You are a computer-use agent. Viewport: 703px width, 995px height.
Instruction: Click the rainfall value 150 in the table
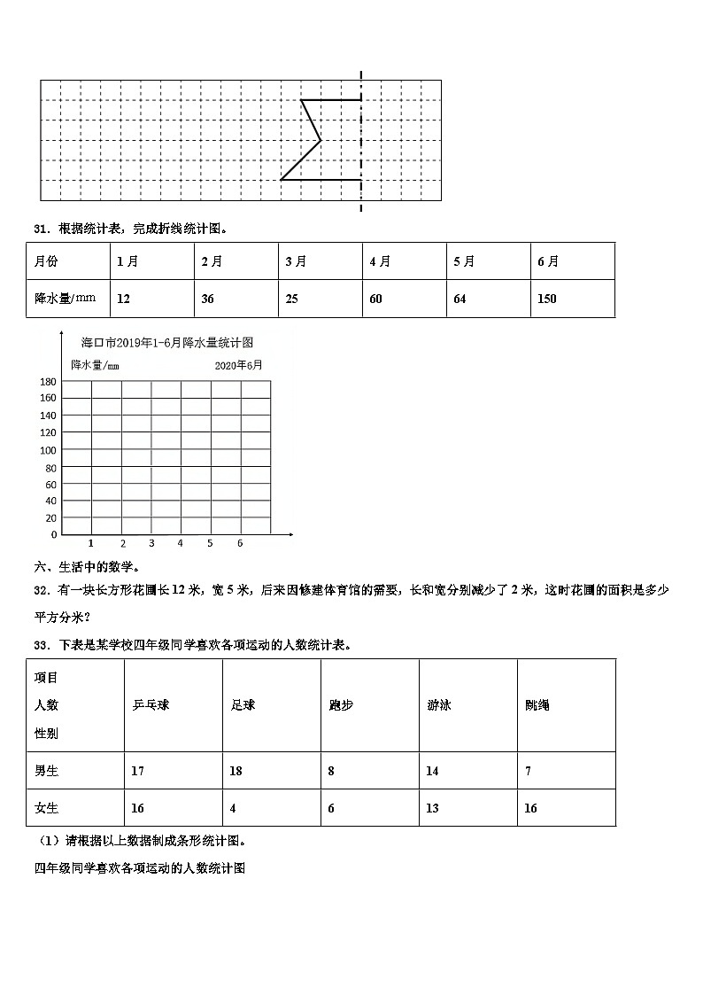pyautogui.click(x=547, y=299)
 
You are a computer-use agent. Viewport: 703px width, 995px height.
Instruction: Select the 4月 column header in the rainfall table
pyautogui.click(x=381, y=261)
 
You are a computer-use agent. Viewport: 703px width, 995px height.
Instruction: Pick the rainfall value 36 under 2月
pyautogui.click(x=207, y=299)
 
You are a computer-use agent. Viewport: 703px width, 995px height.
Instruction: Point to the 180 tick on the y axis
pyautogui.click(x=48, y=381)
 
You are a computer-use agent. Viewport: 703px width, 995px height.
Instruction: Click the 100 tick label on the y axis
pyautogui.click(x=48, y=450)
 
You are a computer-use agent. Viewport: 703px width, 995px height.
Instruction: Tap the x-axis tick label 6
pyautogui.click(x=240, y=543)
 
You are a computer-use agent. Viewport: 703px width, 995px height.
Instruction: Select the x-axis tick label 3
pyautogui.click(x=151, y=543)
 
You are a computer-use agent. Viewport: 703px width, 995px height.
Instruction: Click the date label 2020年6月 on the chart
pyautogui.click(x=238, y=364)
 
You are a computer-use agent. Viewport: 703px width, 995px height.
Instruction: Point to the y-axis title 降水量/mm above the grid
pyautogui.click(x=95, y=365)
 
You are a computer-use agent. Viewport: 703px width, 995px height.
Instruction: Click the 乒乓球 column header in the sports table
pyautogui.click(x=150, y=705)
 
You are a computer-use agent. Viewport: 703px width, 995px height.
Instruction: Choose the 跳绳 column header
pyautogui.click(x=537, y=705)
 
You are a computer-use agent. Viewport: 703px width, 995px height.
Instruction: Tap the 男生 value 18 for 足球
pyautogui.click(x=236, y=771)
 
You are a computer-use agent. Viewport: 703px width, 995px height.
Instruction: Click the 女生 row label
pyautogui.click(x=46, y=808)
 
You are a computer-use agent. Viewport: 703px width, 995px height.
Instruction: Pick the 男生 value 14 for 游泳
pyautogui.click(x=432, y=771)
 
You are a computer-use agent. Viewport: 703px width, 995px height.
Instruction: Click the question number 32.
pyautogui.click(x=40, y=590)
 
